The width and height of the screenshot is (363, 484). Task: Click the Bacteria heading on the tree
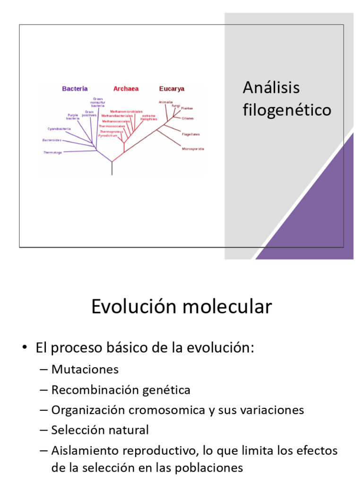[75, 88]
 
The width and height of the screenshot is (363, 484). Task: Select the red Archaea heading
[126, 88]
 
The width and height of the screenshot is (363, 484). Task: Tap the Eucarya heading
[172, 88]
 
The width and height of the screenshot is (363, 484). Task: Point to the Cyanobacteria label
[59, 129]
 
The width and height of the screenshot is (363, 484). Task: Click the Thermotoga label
[52, 152]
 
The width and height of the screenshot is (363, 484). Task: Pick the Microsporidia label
[193, 149]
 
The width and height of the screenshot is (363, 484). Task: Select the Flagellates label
[191, 134]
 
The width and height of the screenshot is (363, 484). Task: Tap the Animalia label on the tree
[165, 102]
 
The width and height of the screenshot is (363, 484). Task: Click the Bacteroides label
[52, 140]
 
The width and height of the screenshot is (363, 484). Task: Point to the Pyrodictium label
[107, 135]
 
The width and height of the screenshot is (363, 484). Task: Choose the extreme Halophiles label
[148, 117]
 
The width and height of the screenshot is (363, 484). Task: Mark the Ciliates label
[188, 118]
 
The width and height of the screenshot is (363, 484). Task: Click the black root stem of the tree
[112, 169]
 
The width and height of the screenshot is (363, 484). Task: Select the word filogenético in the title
[287, 110]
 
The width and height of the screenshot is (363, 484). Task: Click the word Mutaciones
[85, 369]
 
